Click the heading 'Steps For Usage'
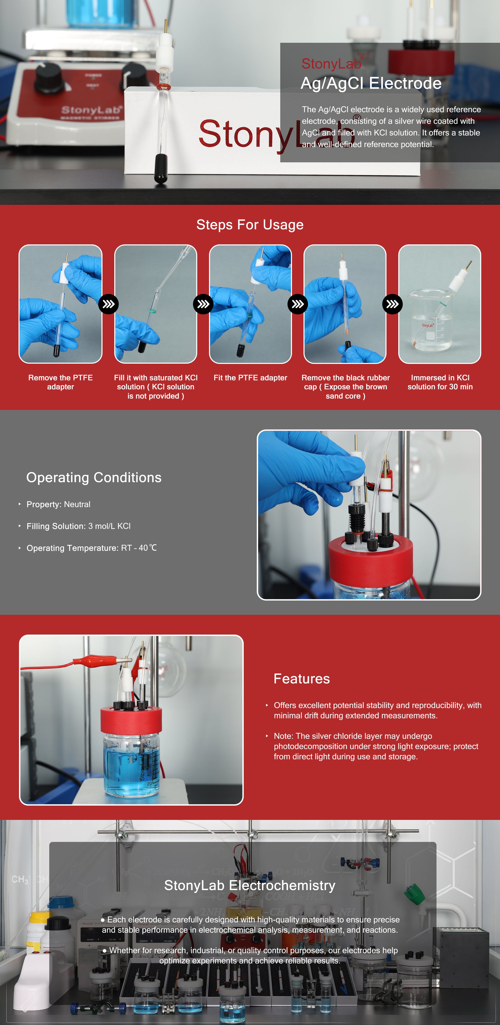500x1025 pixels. point(250,225)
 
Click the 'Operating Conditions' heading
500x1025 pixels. point(94,477)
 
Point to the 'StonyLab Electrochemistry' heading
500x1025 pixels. point(250,885)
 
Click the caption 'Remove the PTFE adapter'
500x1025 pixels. point(60,382)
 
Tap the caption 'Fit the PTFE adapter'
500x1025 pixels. point(250,378)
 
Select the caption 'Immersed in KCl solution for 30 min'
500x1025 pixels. point(440,382)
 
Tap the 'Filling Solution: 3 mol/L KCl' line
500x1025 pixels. point(78,526)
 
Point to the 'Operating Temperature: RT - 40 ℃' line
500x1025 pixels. point(91,548)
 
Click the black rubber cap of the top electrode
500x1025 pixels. point(161,168)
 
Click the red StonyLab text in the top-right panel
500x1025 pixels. point(331,64)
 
